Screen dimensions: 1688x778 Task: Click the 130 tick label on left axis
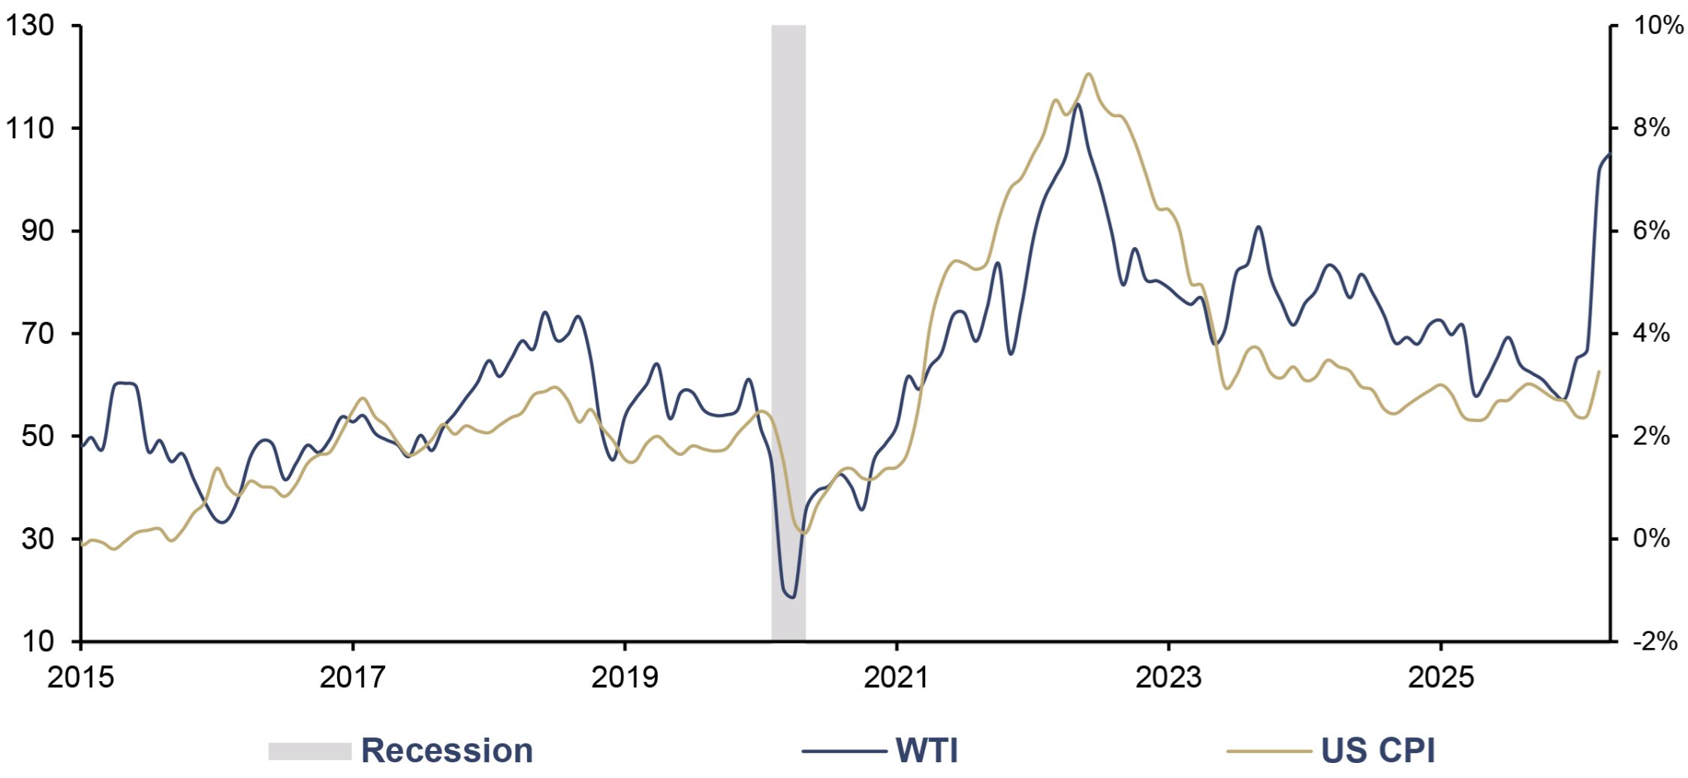[30, 26]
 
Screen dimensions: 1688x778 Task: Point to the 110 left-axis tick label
[30, 128]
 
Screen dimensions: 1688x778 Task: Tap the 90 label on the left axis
[38, 231]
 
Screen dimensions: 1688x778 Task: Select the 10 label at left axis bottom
[38, 641]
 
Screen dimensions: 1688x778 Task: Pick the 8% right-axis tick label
[1651, 128]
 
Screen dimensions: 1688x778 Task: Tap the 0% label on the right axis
[1651, 538]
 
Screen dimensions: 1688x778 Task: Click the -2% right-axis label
[1655, 641]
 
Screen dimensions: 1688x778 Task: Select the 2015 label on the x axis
[80, 677]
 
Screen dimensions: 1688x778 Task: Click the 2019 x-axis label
[624, 677]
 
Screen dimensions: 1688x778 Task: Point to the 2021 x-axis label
[897, 677]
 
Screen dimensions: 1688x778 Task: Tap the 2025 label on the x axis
[1440, 677]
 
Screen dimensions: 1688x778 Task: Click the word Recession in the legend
[448, 750]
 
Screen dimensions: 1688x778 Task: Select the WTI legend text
[927, 750]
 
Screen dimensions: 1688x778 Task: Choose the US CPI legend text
[1378, 750]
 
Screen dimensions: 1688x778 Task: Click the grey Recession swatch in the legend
[309, 751]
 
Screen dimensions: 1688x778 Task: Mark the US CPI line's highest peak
[1088, 74]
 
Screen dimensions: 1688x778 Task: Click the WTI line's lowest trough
[792, 598]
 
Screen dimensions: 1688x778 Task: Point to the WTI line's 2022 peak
[1078, 104]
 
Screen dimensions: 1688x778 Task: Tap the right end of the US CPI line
[1599, 371]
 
